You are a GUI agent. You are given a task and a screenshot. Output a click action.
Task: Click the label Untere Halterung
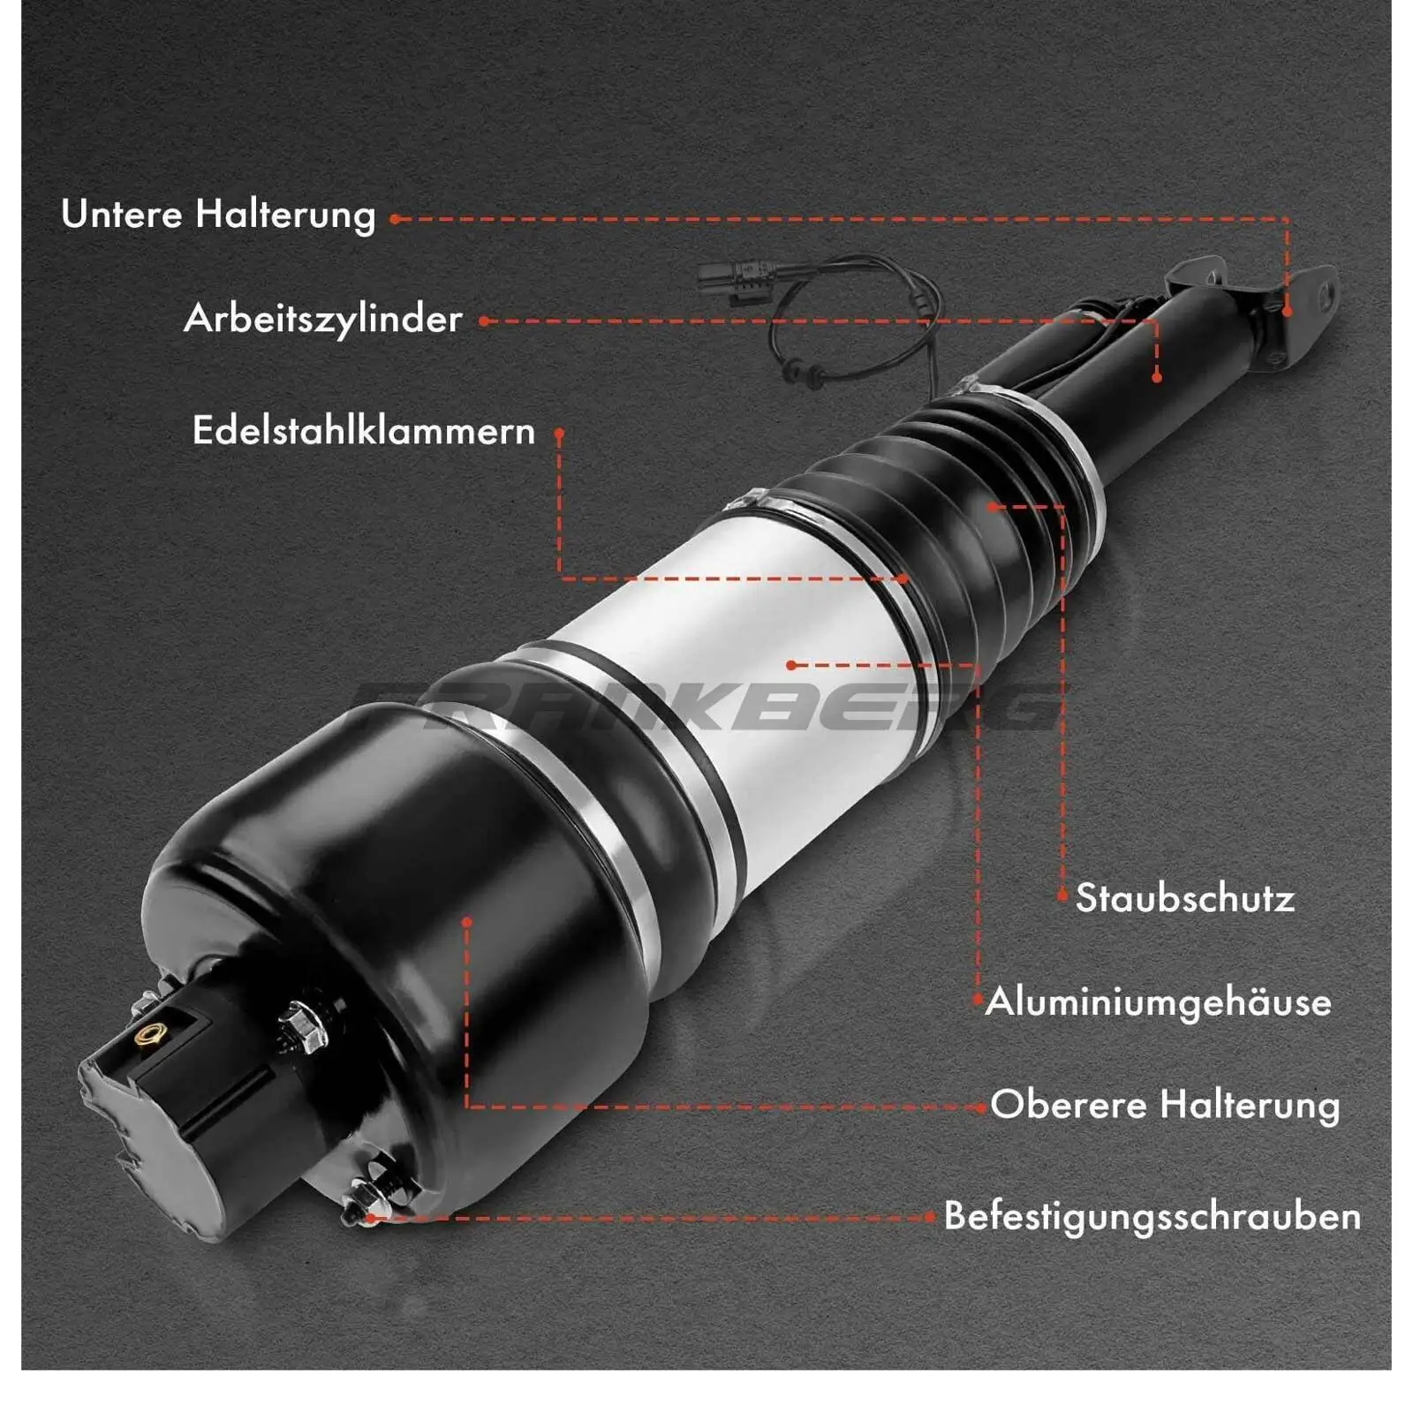tap(218, 215)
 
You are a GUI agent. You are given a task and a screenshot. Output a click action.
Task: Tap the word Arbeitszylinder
tap(323, 319)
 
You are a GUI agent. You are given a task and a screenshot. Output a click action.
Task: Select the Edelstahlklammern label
tap(364, 431)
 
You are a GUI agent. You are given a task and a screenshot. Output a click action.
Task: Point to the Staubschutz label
tap(1185, 898)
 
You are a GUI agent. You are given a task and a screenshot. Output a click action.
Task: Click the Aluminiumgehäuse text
tap(1158, 1001)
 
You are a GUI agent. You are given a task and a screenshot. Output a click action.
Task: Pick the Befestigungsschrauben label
tap(1152, 1216)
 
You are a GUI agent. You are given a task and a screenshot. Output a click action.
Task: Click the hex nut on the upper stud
tap(302, 1027)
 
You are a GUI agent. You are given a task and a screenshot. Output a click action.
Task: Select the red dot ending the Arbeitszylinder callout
tap(1157, 378)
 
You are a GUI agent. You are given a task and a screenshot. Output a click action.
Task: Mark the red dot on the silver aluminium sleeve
tap(791, 665)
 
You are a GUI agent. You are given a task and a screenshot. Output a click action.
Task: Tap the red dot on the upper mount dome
tap(467, 922)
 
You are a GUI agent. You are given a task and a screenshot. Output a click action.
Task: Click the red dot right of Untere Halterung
tap(395, 219)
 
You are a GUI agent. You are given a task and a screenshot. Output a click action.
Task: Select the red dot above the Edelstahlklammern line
tap(559, 434)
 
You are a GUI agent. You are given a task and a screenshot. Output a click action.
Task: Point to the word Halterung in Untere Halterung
tap(285, 215)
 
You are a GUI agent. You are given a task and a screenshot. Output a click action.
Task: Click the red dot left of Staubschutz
tap(1062, 895)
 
